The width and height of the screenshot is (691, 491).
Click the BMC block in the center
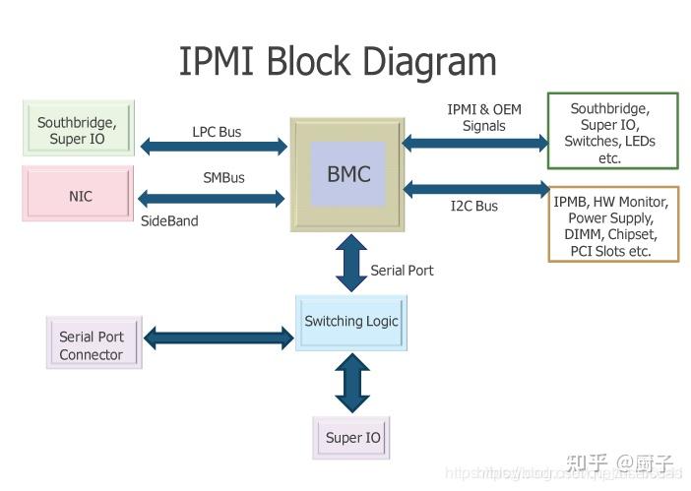(348, 174)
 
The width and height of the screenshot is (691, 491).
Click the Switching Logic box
(351, 321)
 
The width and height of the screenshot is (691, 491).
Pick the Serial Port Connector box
(92, 345)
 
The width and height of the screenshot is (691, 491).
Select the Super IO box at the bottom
(351, 437)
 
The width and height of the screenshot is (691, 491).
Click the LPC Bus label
(217, 131)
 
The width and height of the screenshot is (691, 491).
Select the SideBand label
(169, 221)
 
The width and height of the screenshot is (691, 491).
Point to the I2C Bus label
(473, 206)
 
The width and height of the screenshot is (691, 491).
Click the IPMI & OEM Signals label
(483, 117)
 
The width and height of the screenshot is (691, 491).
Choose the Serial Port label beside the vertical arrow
(402, 270)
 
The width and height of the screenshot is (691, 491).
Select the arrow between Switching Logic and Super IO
(351, 384)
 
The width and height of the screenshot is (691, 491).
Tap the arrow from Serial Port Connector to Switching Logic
(219, 338)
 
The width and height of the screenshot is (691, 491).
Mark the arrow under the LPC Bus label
(214, 148)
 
